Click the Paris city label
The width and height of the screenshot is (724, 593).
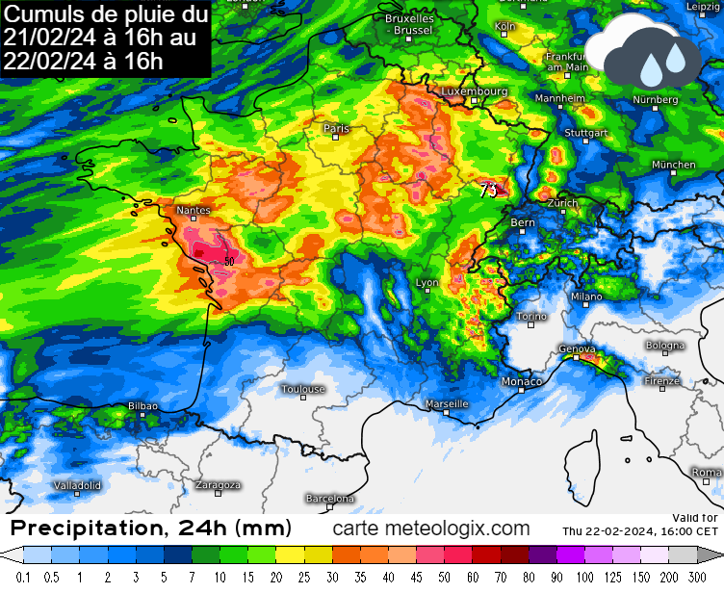coord(336,128)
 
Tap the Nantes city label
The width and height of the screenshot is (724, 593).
coord(194,209)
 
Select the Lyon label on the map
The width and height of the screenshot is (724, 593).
coord(427,283)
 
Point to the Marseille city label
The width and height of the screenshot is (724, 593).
coord(447,404)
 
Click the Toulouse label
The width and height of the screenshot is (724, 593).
coord(303,389)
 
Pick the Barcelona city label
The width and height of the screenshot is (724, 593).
coord(330,499)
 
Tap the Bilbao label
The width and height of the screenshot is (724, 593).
coord(142,406)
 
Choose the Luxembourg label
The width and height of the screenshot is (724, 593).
coord(474,91)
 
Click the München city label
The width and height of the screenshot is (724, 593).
coord(673,165)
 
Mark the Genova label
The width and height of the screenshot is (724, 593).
coord(577,349)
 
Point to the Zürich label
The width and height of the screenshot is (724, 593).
coord(562,203)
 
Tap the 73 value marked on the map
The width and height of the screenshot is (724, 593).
coord(488,190)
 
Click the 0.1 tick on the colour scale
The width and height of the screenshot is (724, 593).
coord(23,577)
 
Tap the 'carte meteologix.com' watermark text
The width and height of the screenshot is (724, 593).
coord(431,529)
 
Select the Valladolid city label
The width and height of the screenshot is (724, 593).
coord(77,485)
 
